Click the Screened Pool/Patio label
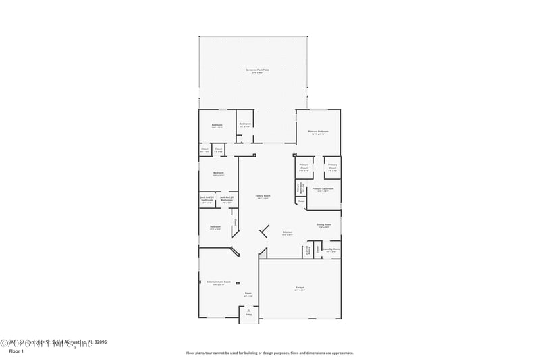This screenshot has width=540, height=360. point(256,70)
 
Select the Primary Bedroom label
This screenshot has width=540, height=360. point(318,132)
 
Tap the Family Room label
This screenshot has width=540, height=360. point(263,196)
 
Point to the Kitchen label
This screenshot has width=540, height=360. point(287,232)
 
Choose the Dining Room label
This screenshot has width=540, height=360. point(324,224)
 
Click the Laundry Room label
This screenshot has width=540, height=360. point(331,249)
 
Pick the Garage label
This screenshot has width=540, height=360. point(300,288)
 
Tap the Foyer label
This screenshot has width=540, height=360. point(248,294)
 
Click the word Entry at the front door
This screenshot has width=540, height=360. point(248,315)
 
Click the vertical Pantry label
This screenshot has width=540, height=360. point(307,251)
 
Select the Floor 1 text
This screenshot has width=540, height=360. point(16,351)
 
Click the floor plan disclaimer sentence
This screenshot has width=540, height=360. point(270,353)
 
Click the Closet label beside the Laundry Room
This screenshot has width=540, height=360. point(318,249)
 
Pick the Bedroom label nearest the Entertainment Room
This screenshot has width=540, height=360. point(215,226)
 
